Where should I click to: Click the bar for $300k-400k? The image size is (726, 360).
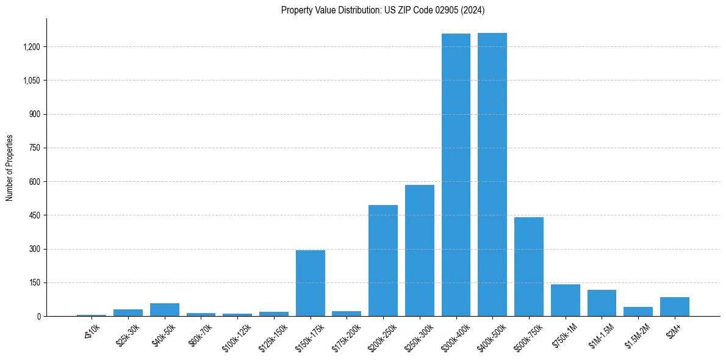(x=456, y=175)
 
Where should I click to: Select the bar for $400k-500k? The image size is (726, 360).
(x=492, y=175)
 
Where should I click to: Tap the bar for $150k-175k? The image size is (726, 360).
(x=311, y=283)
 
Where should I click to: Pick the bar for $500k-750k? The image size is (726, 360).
(x=529, y=267)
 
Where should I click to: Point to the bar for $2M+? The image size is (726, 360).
(x=675, y=307)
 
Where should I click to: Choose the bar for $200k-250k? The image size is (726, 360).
(x=383, y=261)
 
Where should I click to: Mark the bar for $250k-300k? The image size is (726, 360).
(x=420, y=251)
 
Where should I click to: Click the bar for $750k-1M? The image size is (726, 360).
(x=566, y=300)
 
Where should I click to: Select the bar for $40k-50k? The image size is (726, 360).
(x=165, y=310)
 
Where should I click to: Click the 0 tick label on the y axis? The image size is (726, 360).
(x=38, y=316)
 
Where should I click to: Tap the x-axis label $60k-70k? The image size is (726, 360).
(x=200, y=336)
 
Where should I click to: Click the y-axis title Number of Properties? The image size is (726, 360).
(x=10, y=167)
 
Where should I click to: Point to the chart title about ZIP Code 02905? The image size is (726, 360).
(x=383, y=10)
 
